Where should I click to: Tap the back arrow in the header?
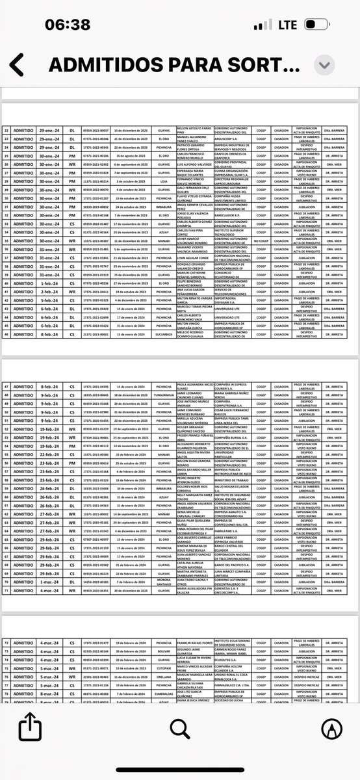point(17,65)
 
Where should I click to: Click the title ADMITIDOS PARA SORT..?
point(174,65)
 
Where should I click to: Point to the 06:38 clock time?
point(68,25)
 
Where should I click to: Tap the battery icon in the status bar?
point(317,25)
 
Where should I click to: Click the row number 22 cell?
point(7,131)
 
